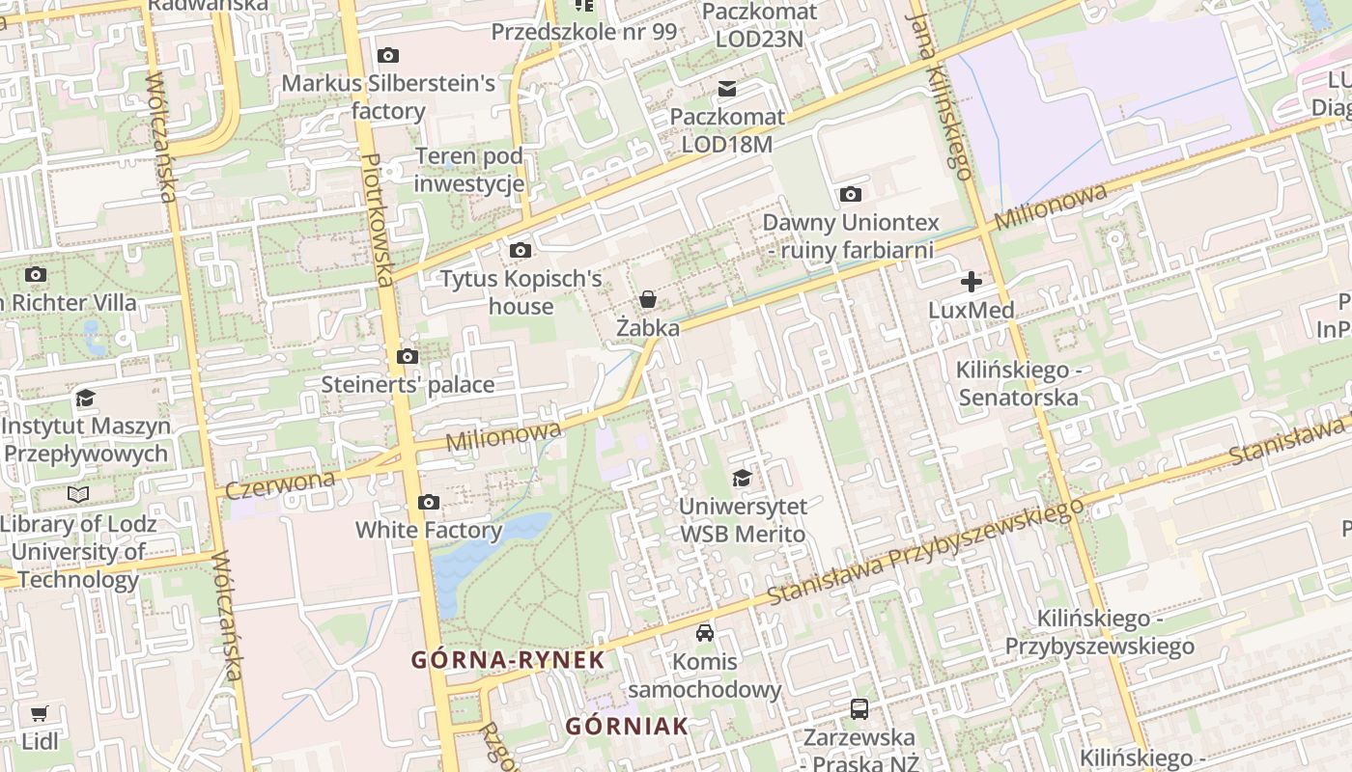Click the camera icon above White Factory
(429, 502)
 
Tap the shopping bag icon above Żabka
(648, 299)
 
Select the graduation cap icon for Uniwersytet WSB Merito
(742, 478)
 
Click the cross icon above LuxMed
(971, 282)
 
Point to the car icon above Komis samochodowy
(705, 633)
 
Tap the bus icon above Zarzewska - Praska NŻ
(859, 709)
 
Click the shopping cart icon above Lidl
(39, 714)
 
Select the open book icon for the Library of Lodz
(77, 495)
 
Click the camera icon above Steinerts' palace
(408, 357)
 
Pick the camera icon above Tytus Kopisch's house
(520, 251)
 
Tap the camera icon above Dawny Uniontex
(850, 195)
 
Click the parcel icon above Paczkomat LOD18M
(726, 90)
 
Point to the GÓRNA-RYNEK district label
(508, 660)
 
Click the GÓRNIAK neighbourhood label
(627, 726)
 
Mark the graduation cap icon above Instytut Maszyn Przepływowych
(86, 398)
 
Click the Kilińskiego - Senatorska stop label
(1017, 383)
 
